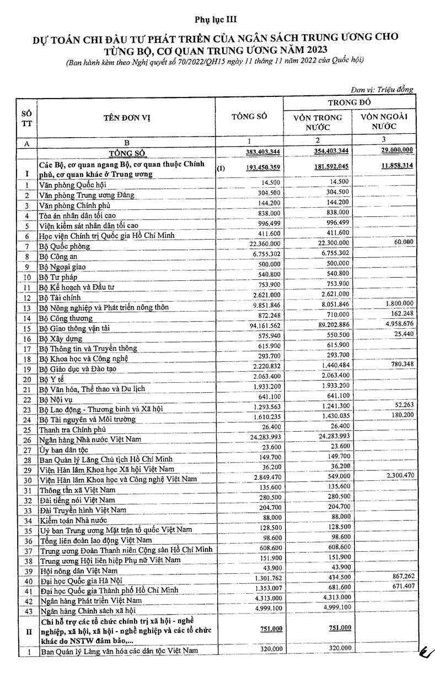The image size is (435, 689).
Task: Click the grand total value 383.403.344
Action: pos(257,151)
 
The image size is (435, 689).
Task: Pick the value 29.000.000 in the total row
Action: pos(394,150)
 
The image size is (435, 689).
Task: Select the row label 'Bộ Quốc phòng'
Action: pos(65,246)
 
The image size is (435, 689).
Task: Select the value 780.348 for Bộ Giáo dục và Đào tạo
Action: pos(401,364)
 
